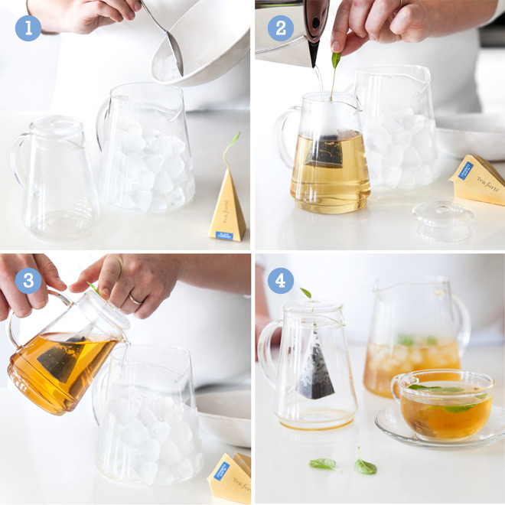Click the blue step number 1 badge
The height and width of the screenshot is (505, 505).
click(28, 28)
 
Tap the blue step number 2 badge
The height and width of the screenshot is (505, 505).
click(281, 28)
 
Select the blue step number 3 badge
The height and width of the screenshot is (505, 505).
click(28, 281)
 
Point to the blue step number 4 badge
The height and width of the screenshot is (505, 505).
click(281, 281)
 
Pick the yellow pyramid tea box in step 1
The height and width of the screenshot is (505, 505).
click(227, 210)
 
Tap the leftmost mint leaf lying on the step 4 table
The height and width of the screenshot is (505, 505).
click(323, 464)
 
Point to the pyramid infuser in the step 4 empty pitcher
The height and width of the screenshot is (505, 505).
click(315, 367)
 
